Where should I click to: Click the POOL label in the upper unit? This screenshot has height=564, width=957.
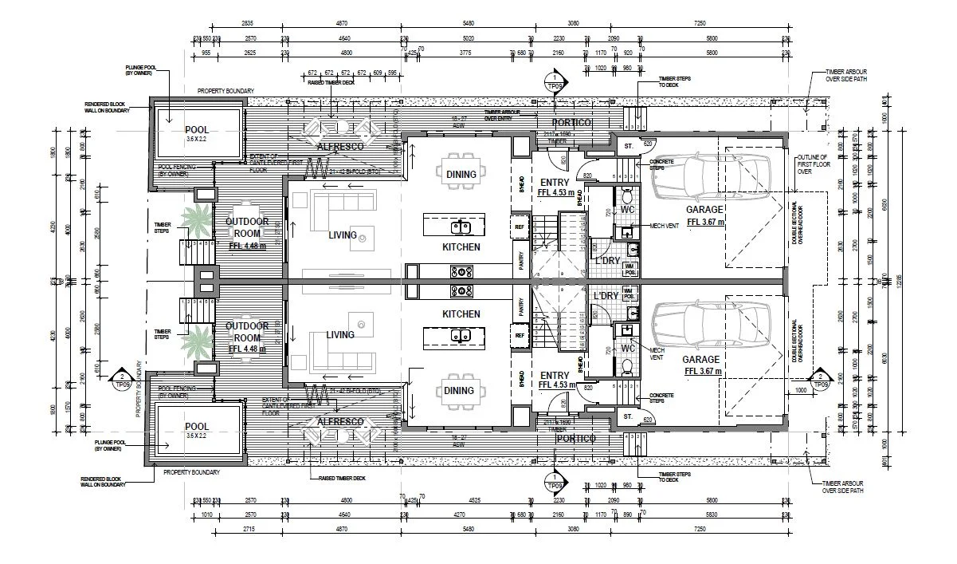click(196, 130)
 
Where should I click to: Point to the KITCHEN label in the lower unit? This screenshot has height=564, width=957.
click(461, 314)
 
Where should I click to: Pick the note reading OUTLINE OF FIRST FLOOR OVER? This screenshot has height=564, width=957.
click(812, 164)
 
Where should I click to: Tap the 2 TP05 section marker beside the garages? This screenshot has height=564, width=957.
click(820, 377)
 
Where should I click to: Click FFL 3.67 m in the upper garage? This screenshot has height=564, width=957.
click(704, 222)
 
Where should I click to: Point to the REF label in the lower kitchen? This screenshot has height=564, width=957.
click(520, 336)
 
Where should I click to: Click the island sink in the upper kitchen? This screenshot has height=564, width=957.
click(461, 227)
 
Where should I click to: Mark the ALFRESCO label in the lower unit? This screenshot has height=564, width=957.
click(340, 421)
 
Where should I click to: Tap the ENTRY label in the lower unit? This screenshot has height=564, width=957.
click(554, 375)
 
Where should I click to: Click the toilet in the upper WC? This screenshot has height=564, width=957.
click(627, 196)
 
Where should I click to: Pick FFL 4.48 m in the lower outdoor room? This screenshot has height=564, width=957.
click(246, 349)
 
